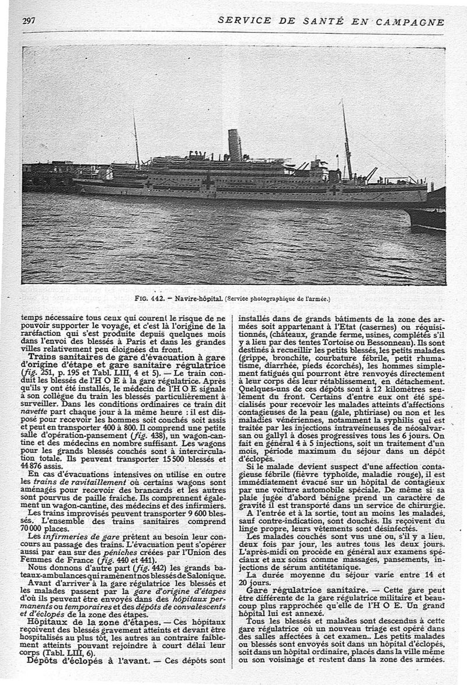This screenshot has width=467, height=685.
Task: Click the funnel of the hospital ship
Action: (x=235, y=145)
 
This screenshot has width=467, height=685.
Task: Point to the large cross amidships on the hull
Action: (x=208, y=182)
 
